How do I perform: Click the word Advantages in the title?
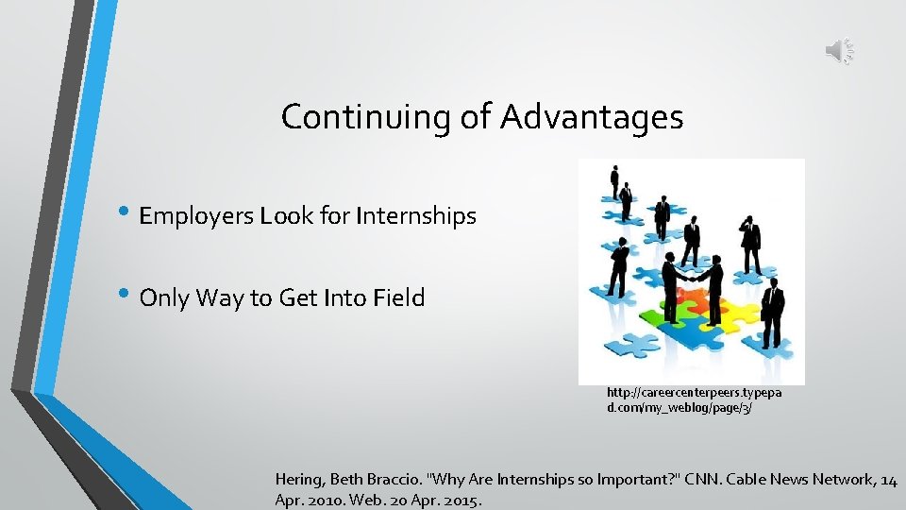point(592,117)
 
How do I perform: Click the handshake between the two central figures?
point(693,279)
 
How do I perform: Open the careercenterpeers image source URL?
point(693,399)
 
